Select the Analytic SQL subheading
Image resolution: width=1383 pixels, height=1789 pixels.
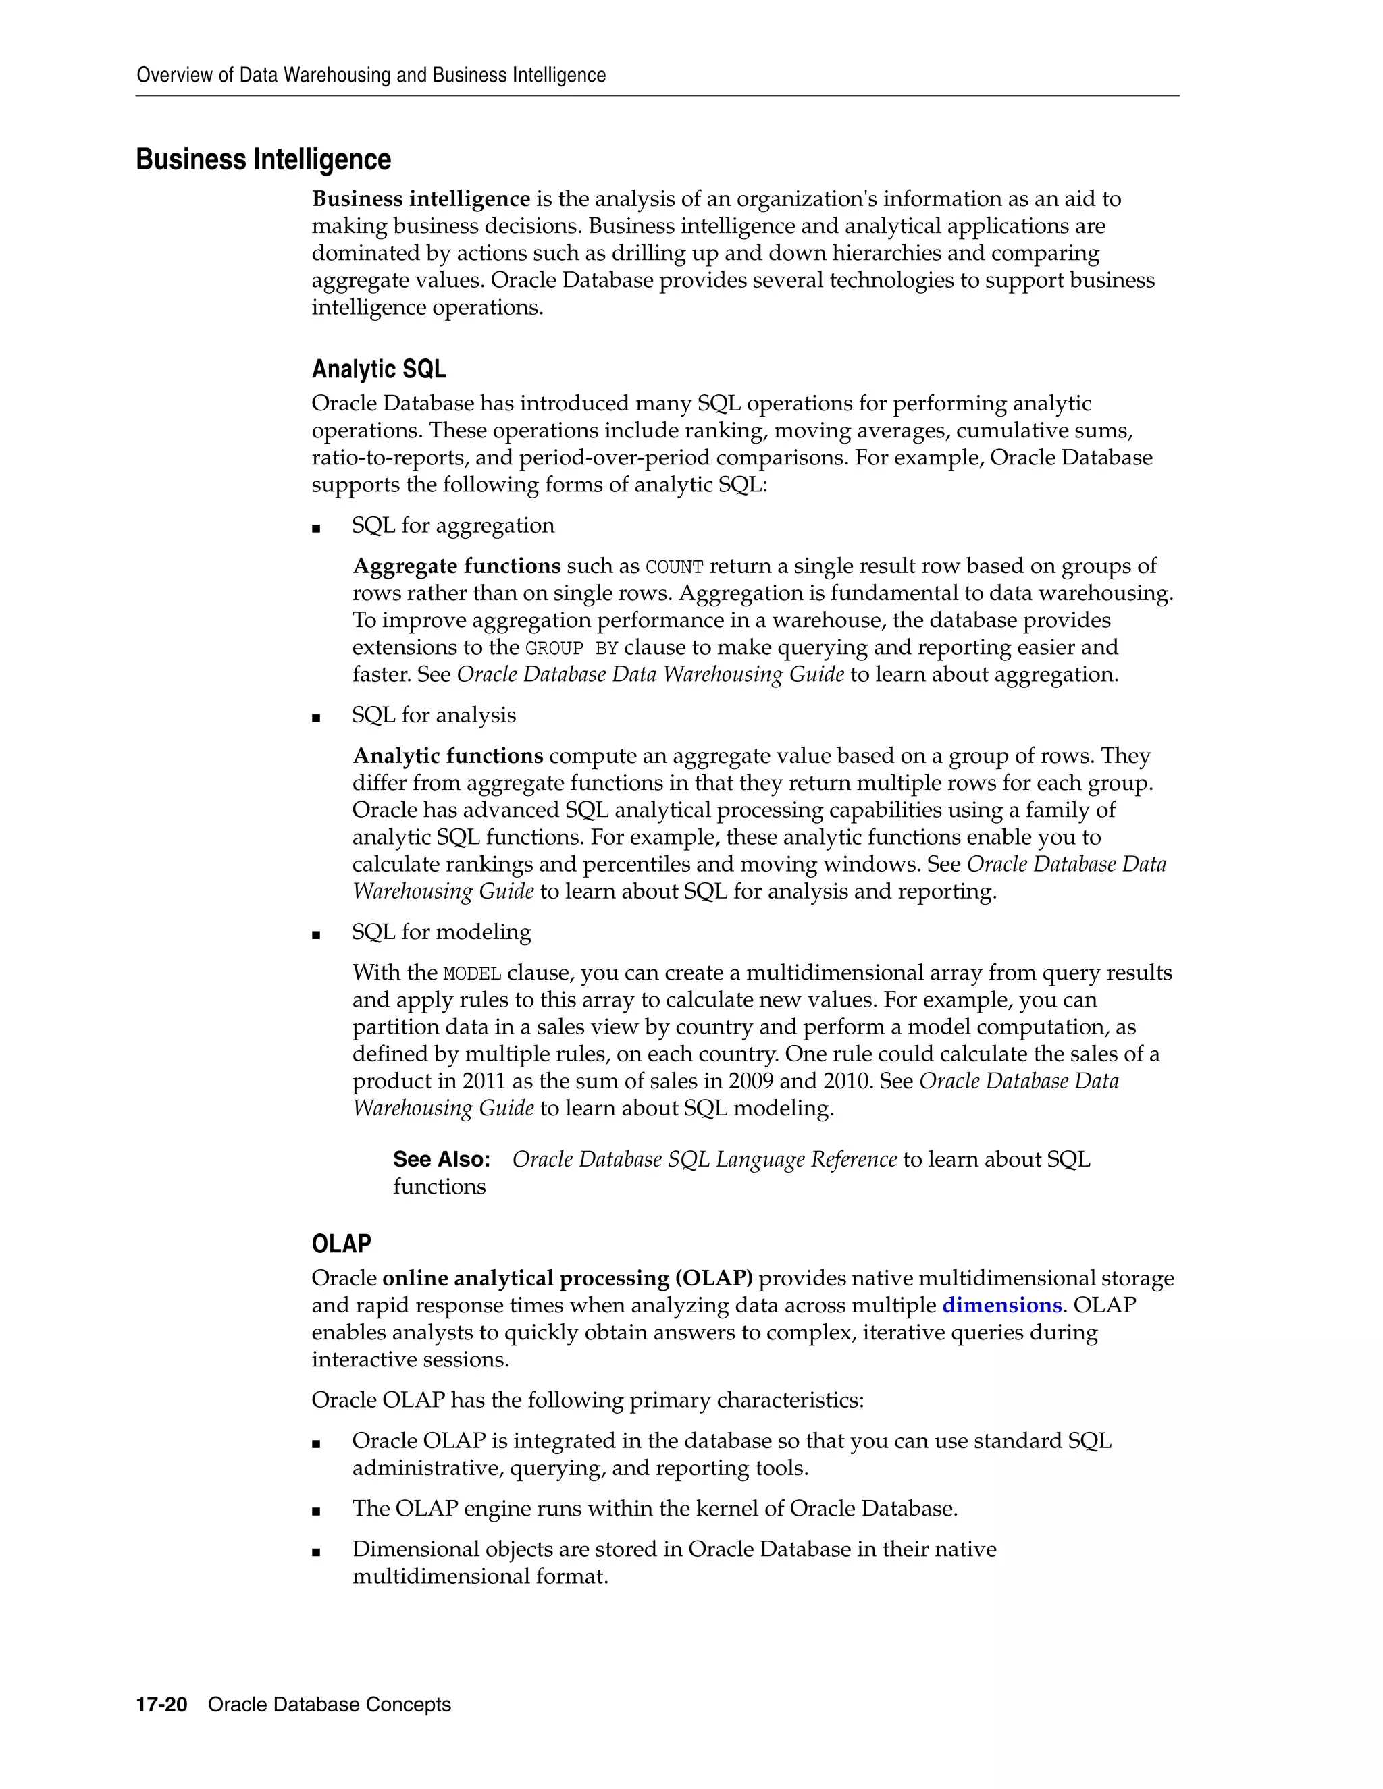coord(379,369)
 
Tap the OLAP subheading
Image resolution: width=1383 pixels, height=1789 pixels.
coord(341,1244)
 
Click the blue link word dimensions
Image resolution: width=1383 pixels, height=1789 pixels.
coord(1001,1305)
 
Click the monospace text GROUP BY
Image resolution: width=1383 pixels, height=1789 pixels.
coord(571,648)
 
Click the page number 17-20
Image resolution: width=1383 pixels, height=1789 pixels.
coord(161,1705)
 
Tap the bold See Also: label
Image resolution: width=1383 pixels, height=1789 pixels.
coord(442,1159)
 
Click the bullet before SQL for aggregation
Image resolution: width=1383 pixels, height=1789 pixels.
coord(316,529)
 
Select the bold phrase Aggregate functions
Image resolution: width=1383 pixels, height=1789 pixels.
coord(456,566)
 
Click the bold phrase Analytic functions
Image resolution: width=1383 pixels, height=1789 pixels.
coord(447,755)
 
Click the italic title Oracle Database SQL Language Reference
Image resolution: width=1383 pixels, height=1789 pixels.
coord(704,1159)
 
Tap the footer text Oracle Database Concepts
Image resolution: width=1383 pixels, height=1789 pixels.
coord(330,1705)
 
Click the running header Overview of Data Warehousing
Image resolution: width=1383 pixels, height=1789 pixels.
coord(370,76)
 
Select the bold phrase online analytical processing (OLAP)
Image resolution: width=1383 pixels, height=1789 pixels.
coord(567,1278)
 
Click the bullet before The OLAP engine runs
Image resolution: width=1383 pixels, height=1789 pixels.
coord(316,1512)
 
